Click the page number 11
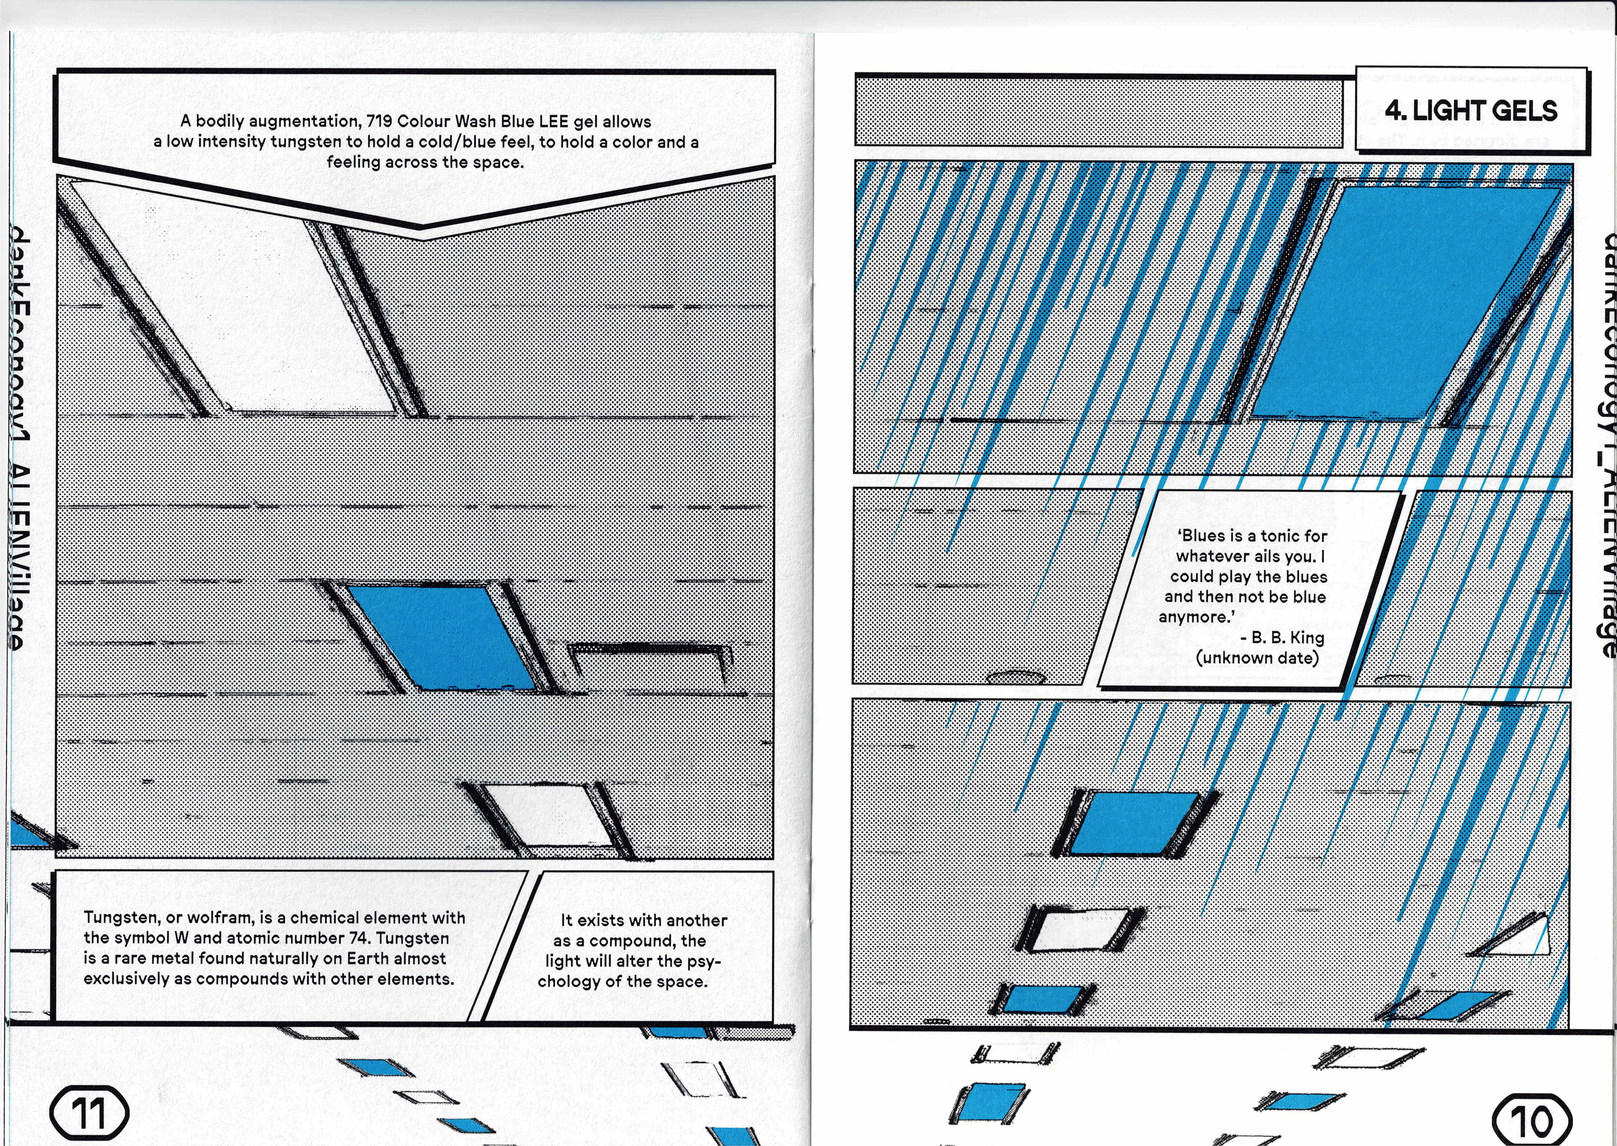point(90,1113)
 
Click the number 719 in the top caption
point(380,121)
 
